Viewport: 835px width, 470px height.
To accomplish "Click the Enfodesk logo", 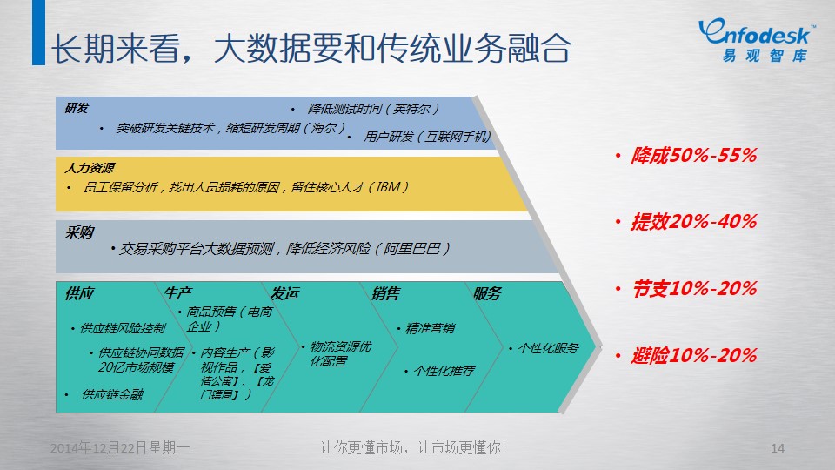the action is point(756,40).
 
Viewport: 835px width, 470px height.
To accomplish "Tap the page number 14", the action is point(778,448).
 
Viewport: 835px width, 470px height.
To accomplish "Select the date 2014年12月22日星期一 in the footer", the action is point(120,447).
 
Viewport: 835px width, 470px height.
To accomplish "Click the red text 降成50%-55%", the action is point(694,156).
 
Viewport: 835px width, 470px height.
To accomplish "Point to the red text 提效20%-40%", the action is point(694,222).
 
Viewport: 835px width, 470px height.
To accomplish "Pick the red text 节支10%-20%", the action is point(694,289).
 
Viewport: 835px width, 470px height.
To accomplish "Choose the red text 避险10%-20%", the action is point(694,355).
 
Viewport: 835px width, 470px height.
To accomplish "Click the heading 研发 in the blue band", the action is point(77,108).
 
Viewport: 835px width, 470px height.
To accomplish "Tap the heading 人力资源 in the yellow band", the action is point(90,168).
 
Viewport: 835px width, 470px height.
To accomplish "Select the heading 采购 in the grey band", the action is point(79,233).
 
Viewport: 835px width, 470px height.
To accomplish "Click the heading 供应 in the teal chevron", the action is point(79,293).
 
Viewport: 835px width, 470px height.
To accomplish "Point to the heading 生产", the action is point(177,293).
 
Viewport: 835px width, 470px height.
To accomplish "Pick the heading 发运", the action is point(285,293).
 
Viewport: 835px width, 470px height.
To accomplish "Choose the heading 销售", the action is point(386,293).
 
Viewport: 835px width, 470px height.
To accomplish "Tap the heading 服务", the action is point(487,293).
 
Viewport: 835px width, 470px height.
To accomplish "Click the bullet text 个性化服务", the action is point(548,348).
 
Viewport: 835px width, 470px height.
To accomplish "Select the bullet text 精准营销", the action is point(431,328).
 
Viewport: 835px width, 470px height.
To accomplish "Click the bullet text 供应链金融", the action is point(112,394).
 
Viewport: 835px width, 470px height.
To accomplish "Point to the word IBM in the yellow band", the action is point(388,187).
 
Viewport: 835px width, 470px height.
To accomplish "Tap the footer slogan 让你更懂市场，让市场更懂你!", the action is point(412,447).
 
